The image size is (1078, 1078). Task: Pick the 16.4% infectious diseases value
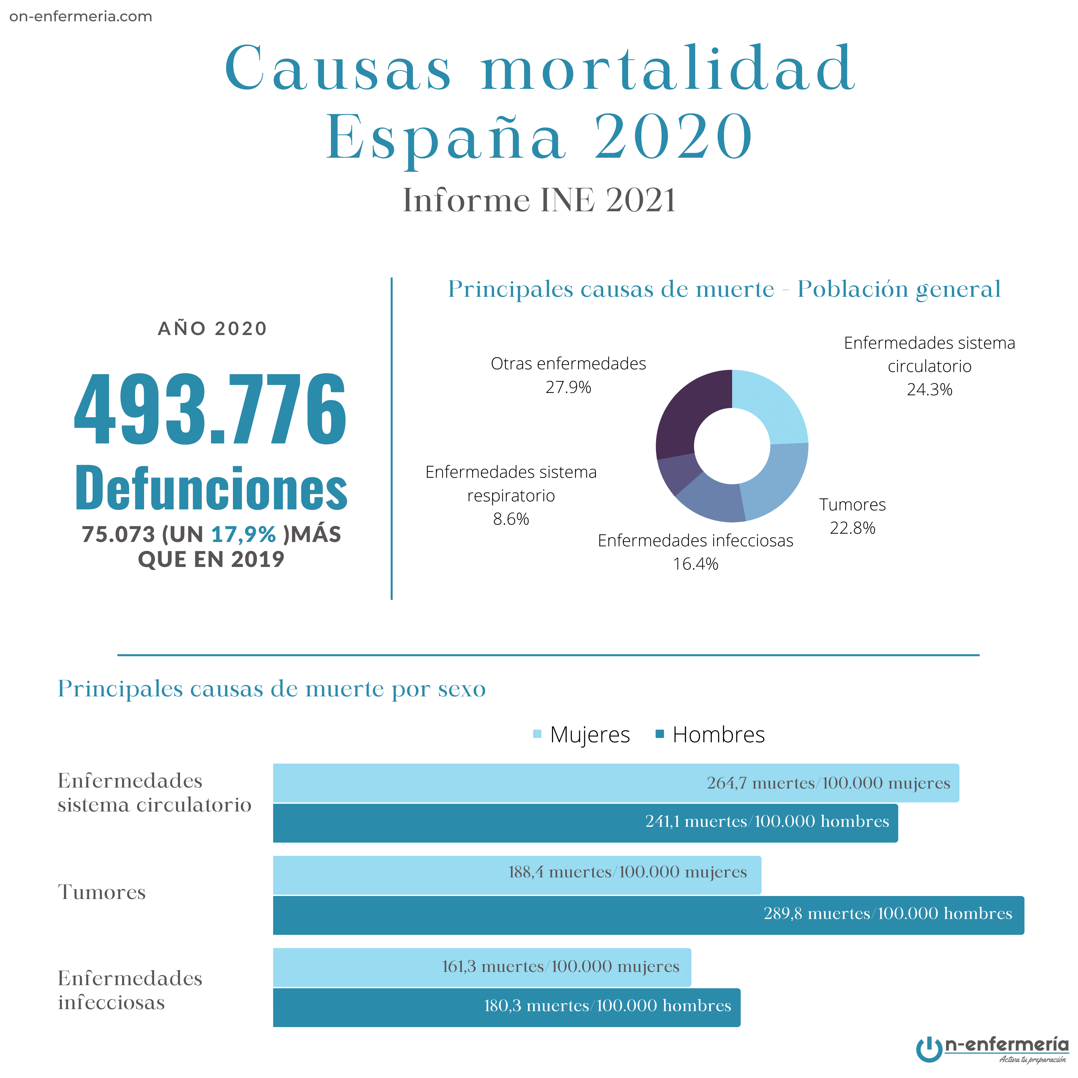(695, 564)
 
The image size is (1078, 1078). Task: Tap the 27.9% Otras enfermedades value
(568, 387)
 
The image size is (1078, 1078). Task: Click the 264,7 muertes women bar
(616, 783)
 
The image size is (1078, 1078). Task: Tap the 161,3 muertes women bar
(481, 967)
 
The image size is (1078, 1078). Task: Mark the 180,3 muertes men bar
(506, 1006)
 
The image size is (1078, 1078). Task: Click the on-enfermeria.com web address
(81, 16)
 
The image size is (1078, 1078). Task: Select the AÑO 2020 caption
(213, 329)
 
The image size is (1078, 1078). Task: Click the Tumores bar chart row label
(101, 892)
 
